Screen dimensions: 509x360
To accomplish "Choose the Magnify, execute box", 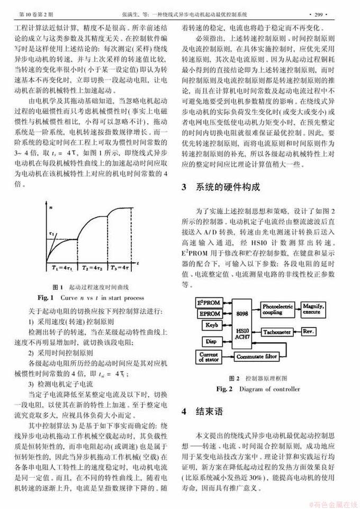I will pos(317,308).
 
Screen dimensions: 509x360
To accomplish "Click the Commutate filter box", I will pos(257,357).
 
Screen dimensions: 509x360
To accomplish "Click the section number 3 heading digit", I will pos(184,187).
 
